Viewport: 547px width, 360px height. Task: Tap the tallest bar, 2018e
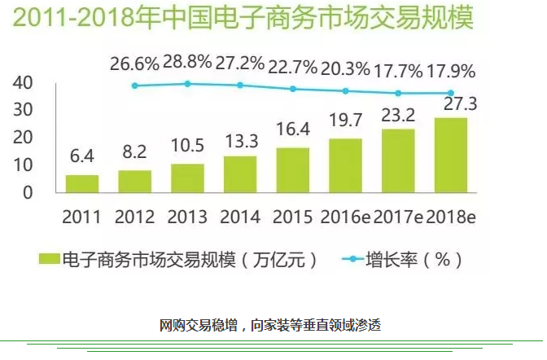(x=451, y=155)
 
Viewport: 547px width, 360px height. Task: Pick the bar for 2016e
(x=345, y=165)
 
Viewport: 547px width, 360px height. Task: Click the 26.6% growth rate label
(x=134, y=63)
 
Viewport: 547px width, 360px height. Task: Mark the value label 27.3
(x=451, y=104)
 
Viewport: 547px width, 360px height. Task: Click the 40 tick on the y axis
(x=22, y=82)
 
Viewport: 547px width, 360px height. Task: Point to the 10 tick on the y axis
(x=22, y=165)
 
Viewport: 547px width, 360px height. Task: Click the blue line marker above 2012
(x=135, y=86)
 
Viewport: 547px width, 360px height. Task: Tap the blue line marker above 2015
(x=293, y=89)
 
